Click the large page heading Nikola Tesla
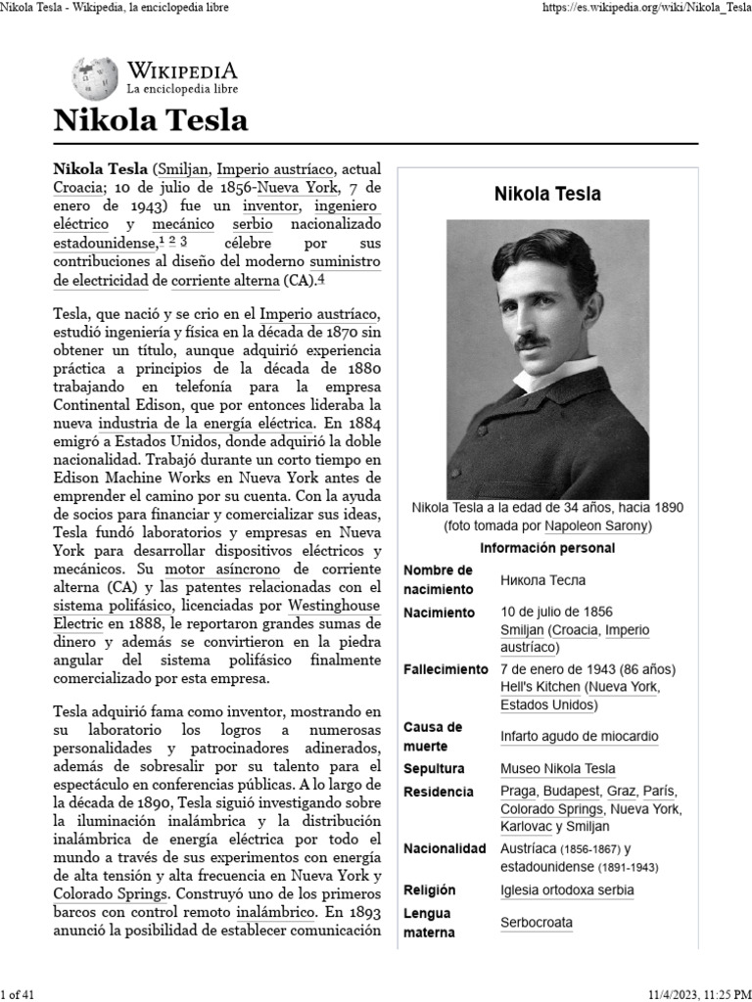150,120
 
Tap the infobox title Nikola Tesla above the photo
547,194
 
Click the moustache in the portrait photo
530,341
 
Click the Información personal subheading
547,548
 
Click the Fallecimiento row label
446,669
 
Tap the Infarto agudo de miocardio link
579,736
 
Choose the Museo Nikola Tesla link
558,768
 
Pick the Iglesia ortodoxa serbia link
566,889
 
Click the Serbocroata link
536,922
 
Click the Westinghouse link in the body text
334,605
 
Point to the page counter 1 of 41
20,994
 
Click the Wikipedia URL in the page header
645,8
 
